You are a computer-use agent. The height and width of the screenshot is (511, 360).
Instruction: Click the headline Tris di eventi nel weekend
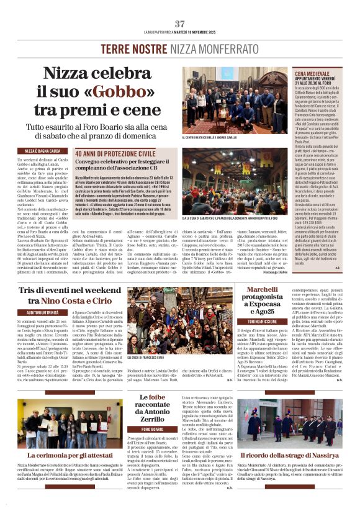tap(70, 291)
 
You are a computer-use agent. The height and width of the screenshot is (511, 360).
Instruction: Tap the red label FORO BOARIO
tap(152, 429)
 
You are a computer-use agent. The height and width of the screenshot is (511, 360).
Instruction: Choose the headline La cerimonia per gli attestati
tap(70, 455)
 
